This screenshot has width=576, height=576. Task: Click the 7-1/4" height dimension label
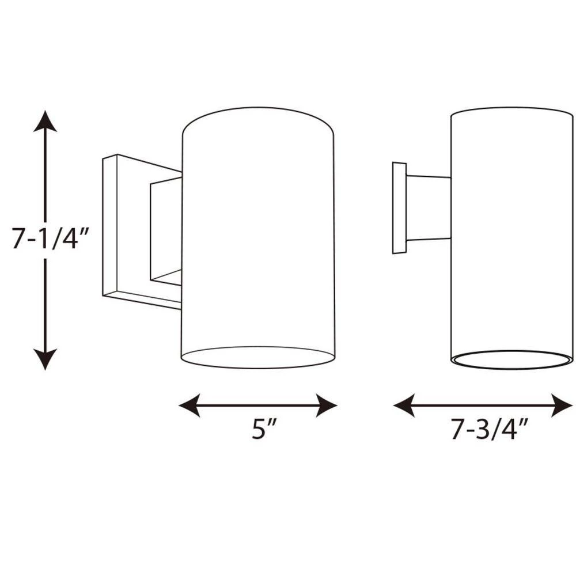click(x=51, y=239)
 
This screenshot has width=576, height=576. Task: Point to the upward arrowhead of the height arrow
click(x=45, y=121)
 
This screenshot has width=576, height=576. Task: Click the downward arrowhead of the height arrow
click(x=45, y=359)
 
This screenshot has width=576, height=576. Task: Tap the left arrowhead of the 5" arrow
click(x=189, y=405)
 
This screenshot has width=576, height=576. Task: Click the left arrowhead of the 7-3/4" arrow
click(x=404, y=405)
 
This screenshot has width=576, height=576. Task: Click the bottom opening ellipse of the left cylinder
click(x=258, y=367)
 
